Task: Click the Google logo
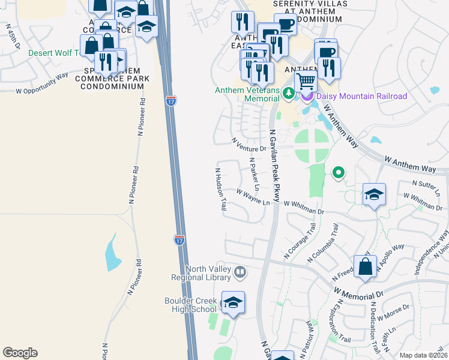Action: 20,353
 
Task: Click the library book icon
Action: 240,273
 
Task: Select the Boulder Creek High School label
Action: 190,305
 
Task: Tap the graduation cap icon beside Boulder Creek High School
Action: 233,303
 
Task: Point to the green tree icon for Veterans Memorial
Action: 289,92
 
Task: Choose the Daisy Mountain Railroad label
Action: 362,96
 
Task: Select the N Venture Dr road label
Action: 249,144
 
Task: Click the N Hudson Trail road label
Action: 220,188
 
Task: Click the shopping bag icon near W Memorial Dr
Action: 365,267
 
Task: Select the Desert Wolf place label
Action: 50,53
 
